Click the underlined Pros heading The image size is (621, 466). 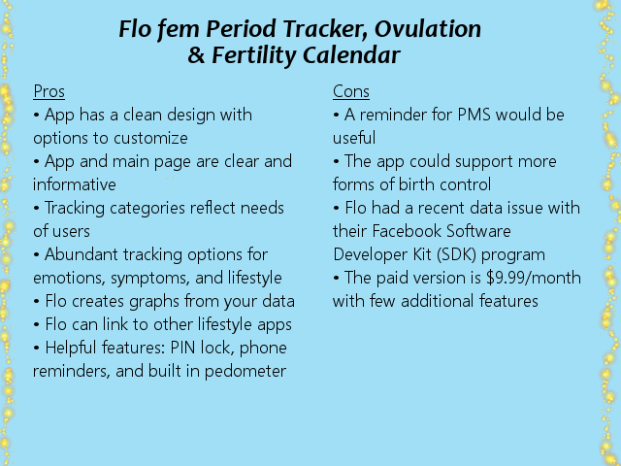pyautogui.click(x=49, y=91)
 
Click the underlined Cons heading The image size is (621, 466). pyautogui.click(x=351, y=91)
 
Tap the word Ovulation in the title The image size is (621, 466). pyautogui.click(x=428, y=29)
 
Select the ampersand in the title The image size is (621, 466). pyautogui.click(x=196, y=55)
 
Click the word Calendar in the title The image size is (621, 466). pyautogui.click(x=351, y=55)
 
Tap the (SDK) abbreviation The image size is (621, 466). pyautogui.click(x=456, y=254)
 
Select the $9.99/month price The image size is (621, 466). pyautogui.click(x=534, y=278)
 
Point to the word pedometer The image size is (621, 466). pyautogui.click(x=245, y=371)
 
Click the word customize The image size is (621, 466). pyautogui.click(x=150, y=138)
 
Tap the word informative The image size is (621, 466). pyautogui.click(x=75, y=184)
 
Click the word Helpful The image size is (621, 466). pyautogui.click(x=71, y=348)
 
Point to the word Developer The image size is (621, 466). pyautogui.click(x=371, y=254)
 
